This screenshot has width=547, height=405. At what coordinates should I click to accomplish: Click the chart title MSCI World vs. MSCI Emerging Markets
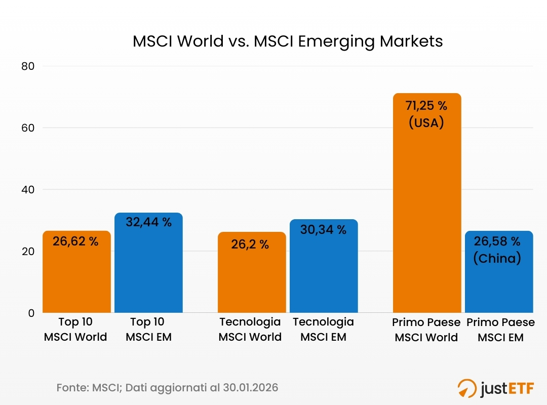tap(287, 42)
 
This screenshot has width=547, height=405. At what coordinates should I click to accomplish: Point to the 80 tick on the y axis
tap(28, 66)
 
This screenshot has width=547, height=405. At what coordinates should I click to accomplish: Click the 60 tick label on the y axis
tap(28, 128)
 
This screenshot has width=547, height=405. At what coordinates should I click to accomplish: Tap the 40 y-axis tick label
tap(28, 190)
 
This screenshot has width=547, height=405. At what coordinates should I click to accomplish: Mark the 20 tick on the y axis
tap(28, 252)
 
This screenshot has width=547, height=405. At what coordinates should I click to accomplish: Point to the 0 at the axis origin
tap(31, 313)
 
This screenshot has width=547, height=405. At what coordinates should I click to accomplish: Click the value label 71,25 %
tap(426, 106)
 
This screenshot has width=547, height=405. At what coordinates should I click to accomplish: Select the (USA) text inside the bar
tap(426, 123)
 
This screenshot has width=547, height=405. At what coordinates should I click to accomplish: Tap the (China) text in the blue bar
tap(497, 258)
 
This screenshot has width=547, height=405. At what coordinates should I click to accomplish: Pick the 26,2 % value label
tap(250, 245)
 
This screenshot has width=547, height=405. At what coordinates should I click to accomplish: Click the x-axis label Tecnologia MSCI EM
tap(323, 329)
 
